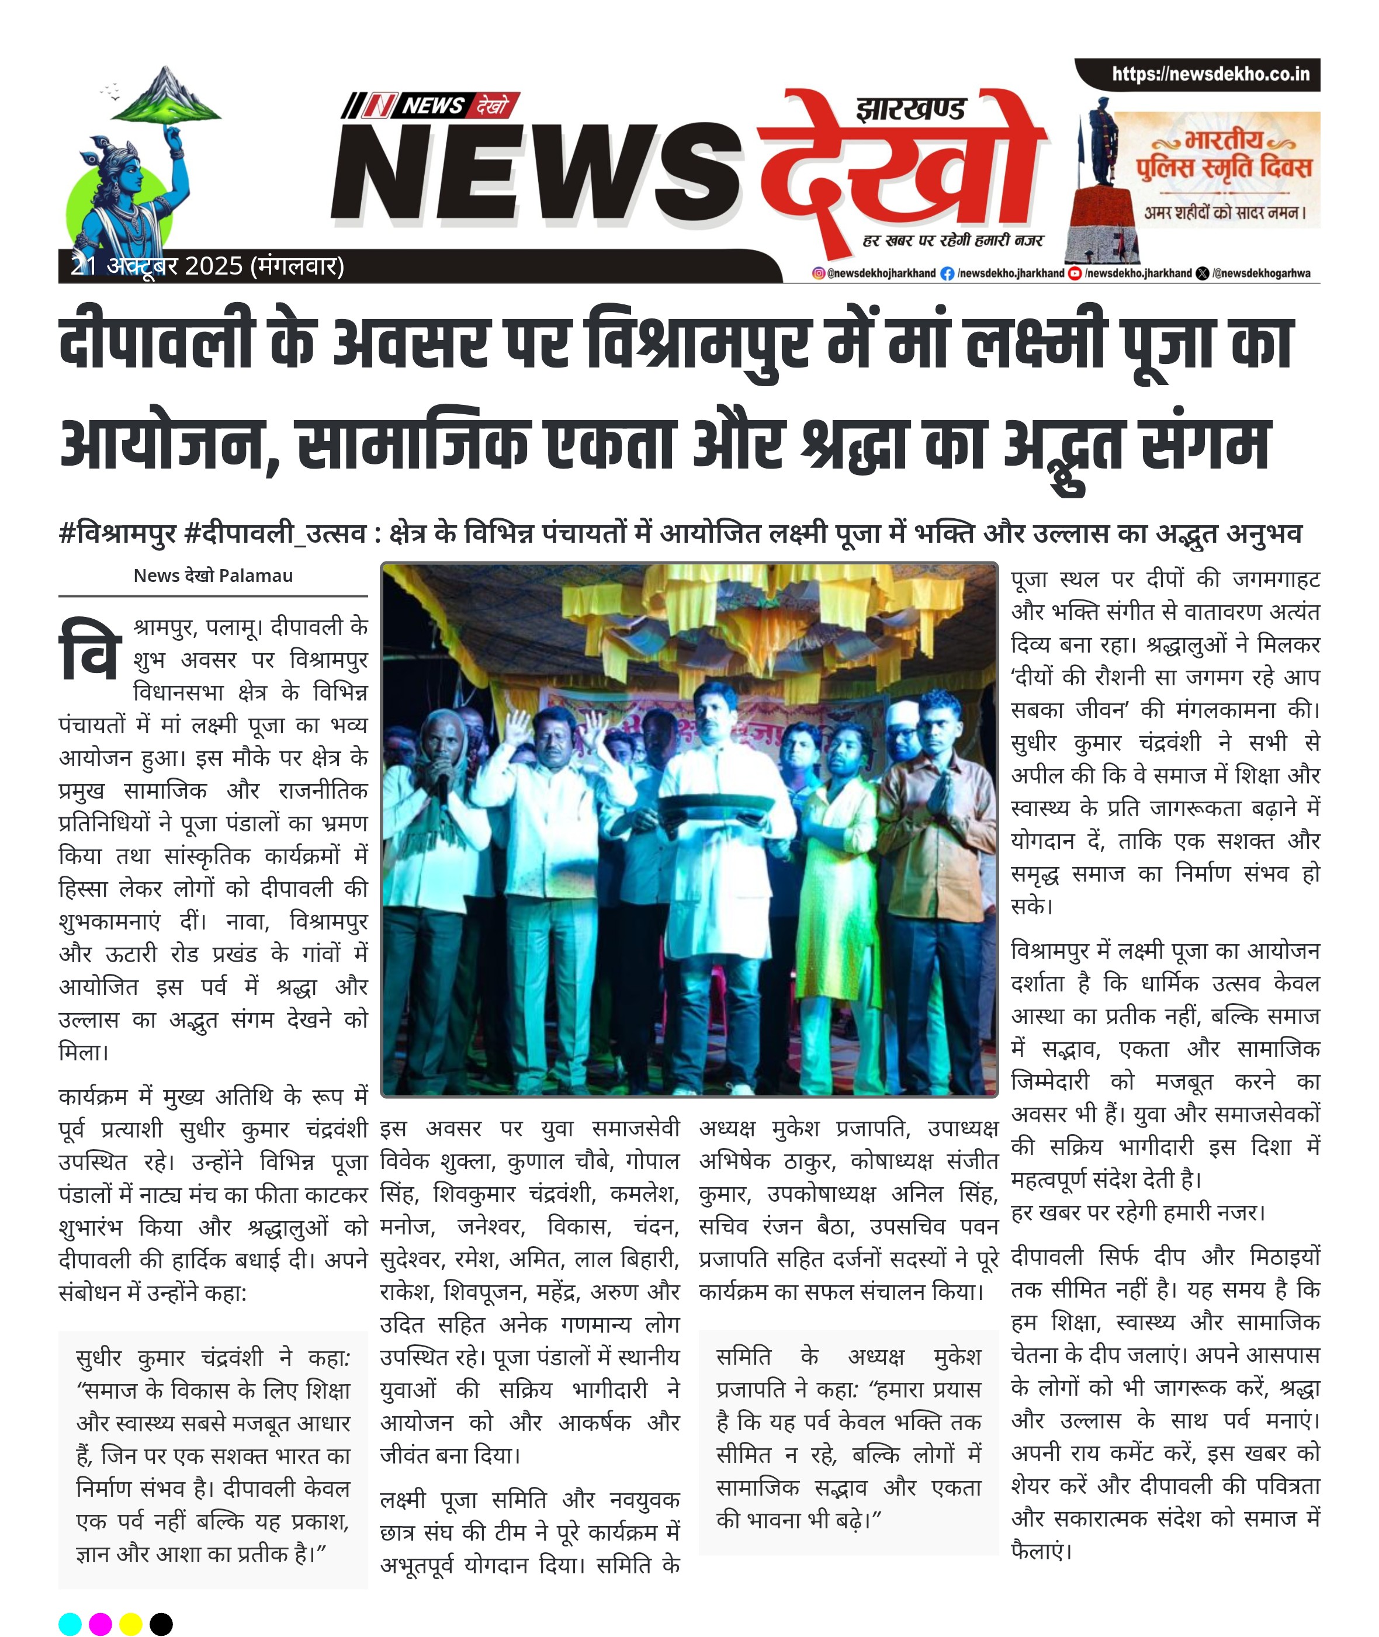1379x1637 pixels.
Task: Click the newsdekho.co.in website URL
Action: [1210, 74]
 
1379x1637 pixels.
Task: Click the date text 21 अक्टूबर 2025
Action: [157, 266]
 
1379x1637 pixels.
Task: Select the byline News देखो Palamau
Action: [213, 575]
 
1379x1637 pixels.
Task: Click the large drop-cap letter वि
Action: [91, 650]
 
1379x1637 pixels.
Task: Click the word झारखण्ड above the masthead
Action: [911, 109]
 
